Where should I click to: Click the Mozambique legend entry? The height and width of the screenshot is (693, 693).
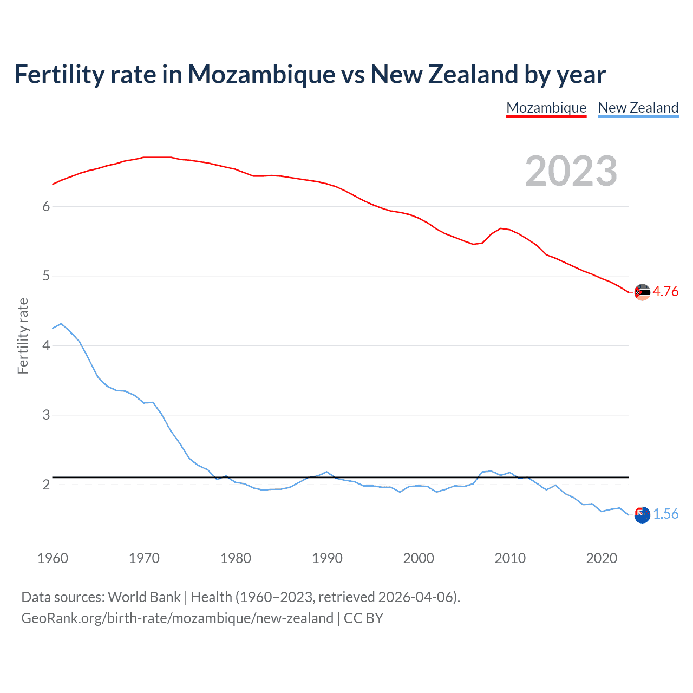coord(546,108)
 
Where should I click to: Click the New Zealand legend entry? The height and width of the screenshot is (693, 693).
coord(638,108)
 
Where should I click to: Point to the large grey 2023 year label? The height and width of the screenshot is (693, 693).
coord(571,171)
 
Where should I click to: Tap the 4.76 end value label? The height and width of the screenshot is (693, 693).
coord(665,291)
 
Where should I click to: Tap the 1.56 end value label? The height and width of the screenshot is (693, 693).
coord(665,514)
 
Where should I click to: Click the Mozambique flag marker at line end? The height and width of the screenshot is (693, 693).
coord(642,292)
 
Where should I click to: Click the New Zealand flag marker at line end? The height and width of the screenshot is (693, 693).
coord(642,515)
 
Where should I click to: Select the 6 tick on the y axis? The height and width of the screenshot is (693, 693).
coord(46,206)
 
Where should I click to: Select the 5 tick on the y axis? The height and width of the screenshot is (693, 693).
coord(46,276)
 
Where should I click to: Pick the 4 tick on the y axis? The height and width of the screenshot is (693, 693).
coord(46,345)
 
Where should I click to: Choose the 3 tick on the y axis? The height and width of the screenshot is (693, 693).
coord(46,415)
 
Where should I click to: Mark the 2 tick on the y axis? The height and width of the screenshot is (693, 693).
coord(46,485)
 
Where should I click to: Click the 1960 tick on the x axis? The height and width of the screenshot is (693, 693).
coord(53,558)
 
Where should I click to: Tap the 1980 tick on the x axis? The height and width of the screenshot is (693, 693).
coord(236,558)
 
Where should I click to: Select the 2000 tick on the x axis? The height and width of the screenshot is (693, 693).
coord(419,558)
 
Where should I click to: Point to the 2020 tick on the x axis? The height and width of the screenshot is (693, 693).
coord(602,558)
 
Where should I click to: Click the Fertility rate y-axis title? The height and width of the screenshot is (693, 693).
coord(23,336)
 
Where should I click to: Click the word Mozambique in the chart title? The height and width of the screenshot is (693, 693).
coord(261,75)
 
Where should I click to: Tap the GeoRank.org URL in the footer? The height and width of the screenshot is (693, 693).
coord(177,618)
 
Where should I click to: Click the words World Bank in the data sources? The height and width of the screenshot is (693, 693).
coord(144,597)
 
